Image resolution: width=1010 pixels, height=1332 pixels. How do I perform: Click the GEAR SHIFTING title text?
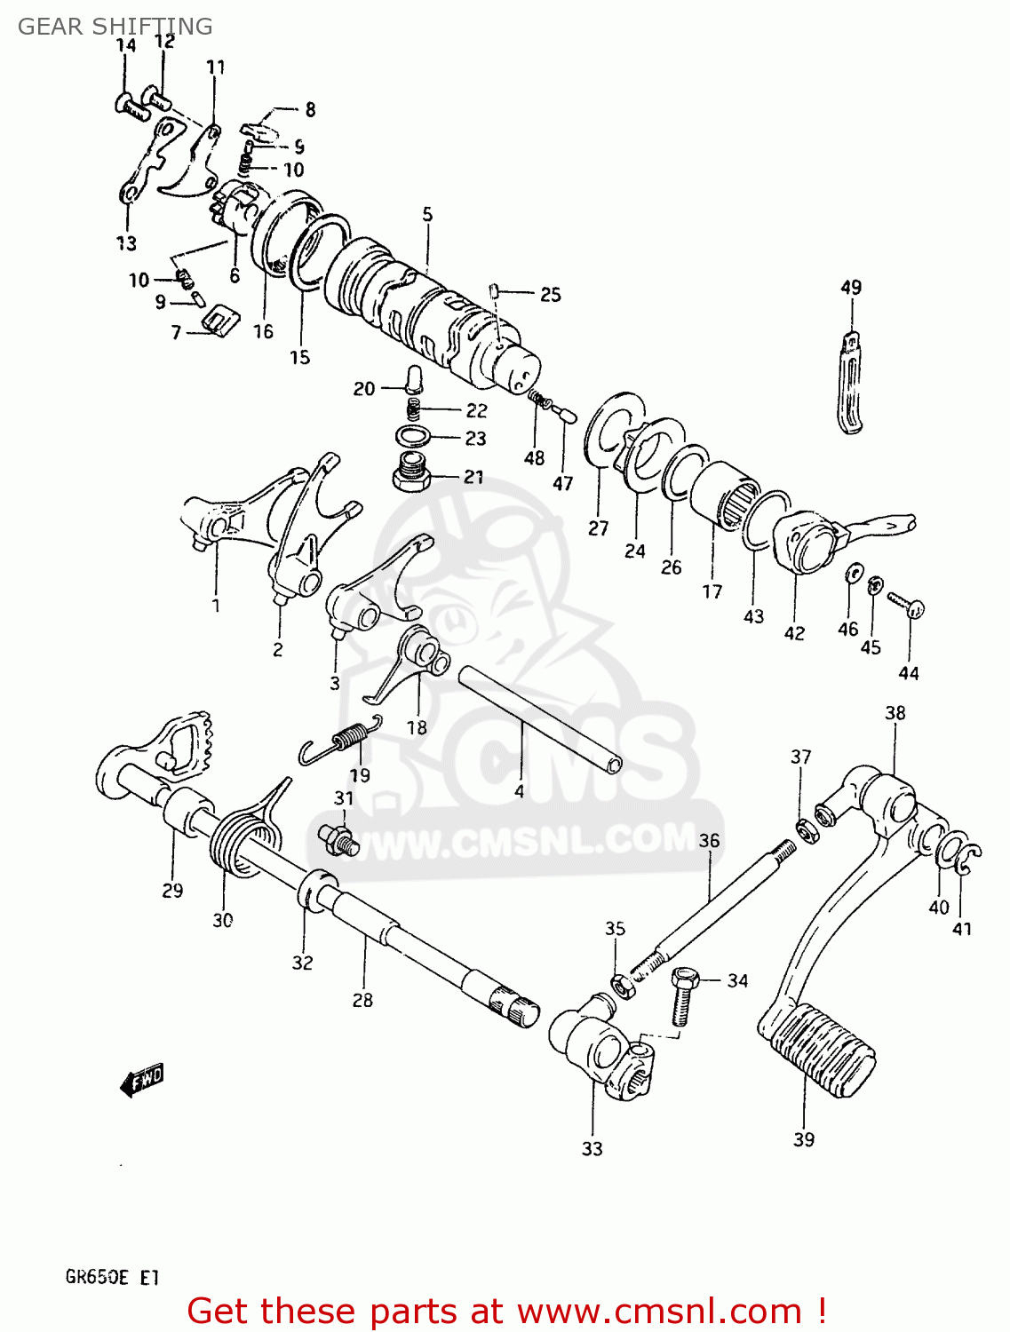115,27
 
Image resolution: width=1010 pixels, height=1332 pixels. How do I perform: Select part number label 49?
850,287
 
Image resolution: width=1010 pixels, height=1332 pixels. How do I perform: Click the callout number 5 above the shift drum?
427,214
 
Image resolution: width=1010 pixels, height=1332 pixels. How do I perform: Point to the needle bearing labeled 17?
725,496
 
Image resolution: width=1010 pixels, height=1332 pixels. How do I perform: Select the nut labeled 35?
622,984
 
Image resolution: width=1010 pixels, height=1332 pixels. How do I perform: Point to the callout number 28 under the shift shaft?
362,1000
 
